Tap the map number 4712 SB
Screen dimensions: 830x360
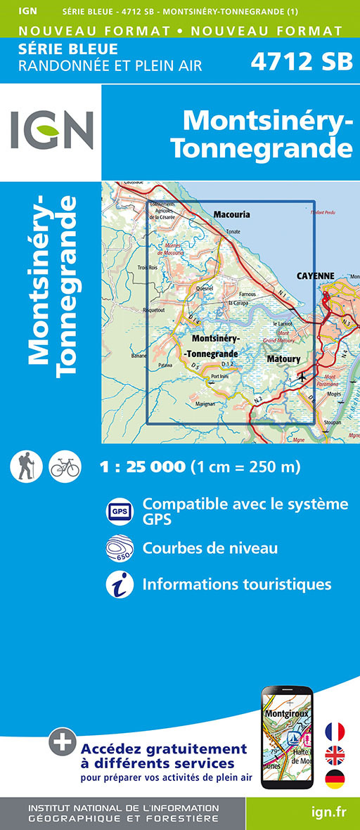click(302, 62)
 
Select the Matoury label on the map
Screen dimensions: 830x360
click(283, 359)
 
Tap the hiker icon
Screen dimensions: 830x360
click(27, 467)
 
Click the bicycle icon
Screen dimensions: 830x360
click(65, 467)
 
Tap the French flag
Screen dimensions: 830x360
click(334, 731)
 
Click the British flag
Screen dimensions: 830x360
click(334, 756)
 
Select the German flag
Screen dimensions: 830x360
click(334, 779)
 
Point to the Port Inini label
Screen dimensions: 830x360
click(220, 377)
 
